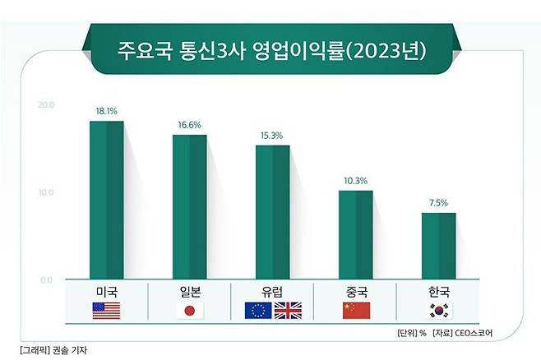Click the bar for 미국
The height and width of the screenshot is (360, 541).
(x=106, y=200)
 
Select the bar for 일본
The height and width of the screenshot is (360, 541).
(x=189, y=206)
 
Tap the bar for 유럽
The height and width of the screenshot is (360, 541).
(x=272, y=212)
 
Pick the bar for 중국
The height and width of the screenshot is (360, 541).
(x=355, y=234)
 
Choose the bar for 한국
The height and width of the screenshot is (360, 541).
(x=438, y=246)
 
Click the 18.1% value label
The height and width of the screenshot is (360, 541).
(x=107, y=109)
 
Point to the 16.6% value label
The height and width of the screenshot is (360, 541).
(x=189, y=124)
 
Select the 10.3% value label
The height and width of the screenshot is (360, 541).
(x=356, y=180)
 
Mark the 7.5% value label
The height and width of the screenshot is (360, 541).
(x=439, y=202)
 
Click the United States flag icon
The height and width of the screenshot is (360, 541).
(x=107, y=311)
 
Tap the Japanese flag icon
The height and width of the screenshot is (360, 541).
(x=190, y=311)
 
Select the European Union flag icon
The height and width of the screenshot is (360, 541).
(x=257, y=311)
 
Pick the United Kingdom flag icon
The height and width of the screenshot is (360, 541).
(x=288, y=311)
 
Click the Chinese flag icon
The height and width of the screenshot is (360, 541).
(x=356, y=311)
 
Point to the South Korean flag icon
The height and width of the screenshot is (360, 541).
(x=439, y=311)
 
